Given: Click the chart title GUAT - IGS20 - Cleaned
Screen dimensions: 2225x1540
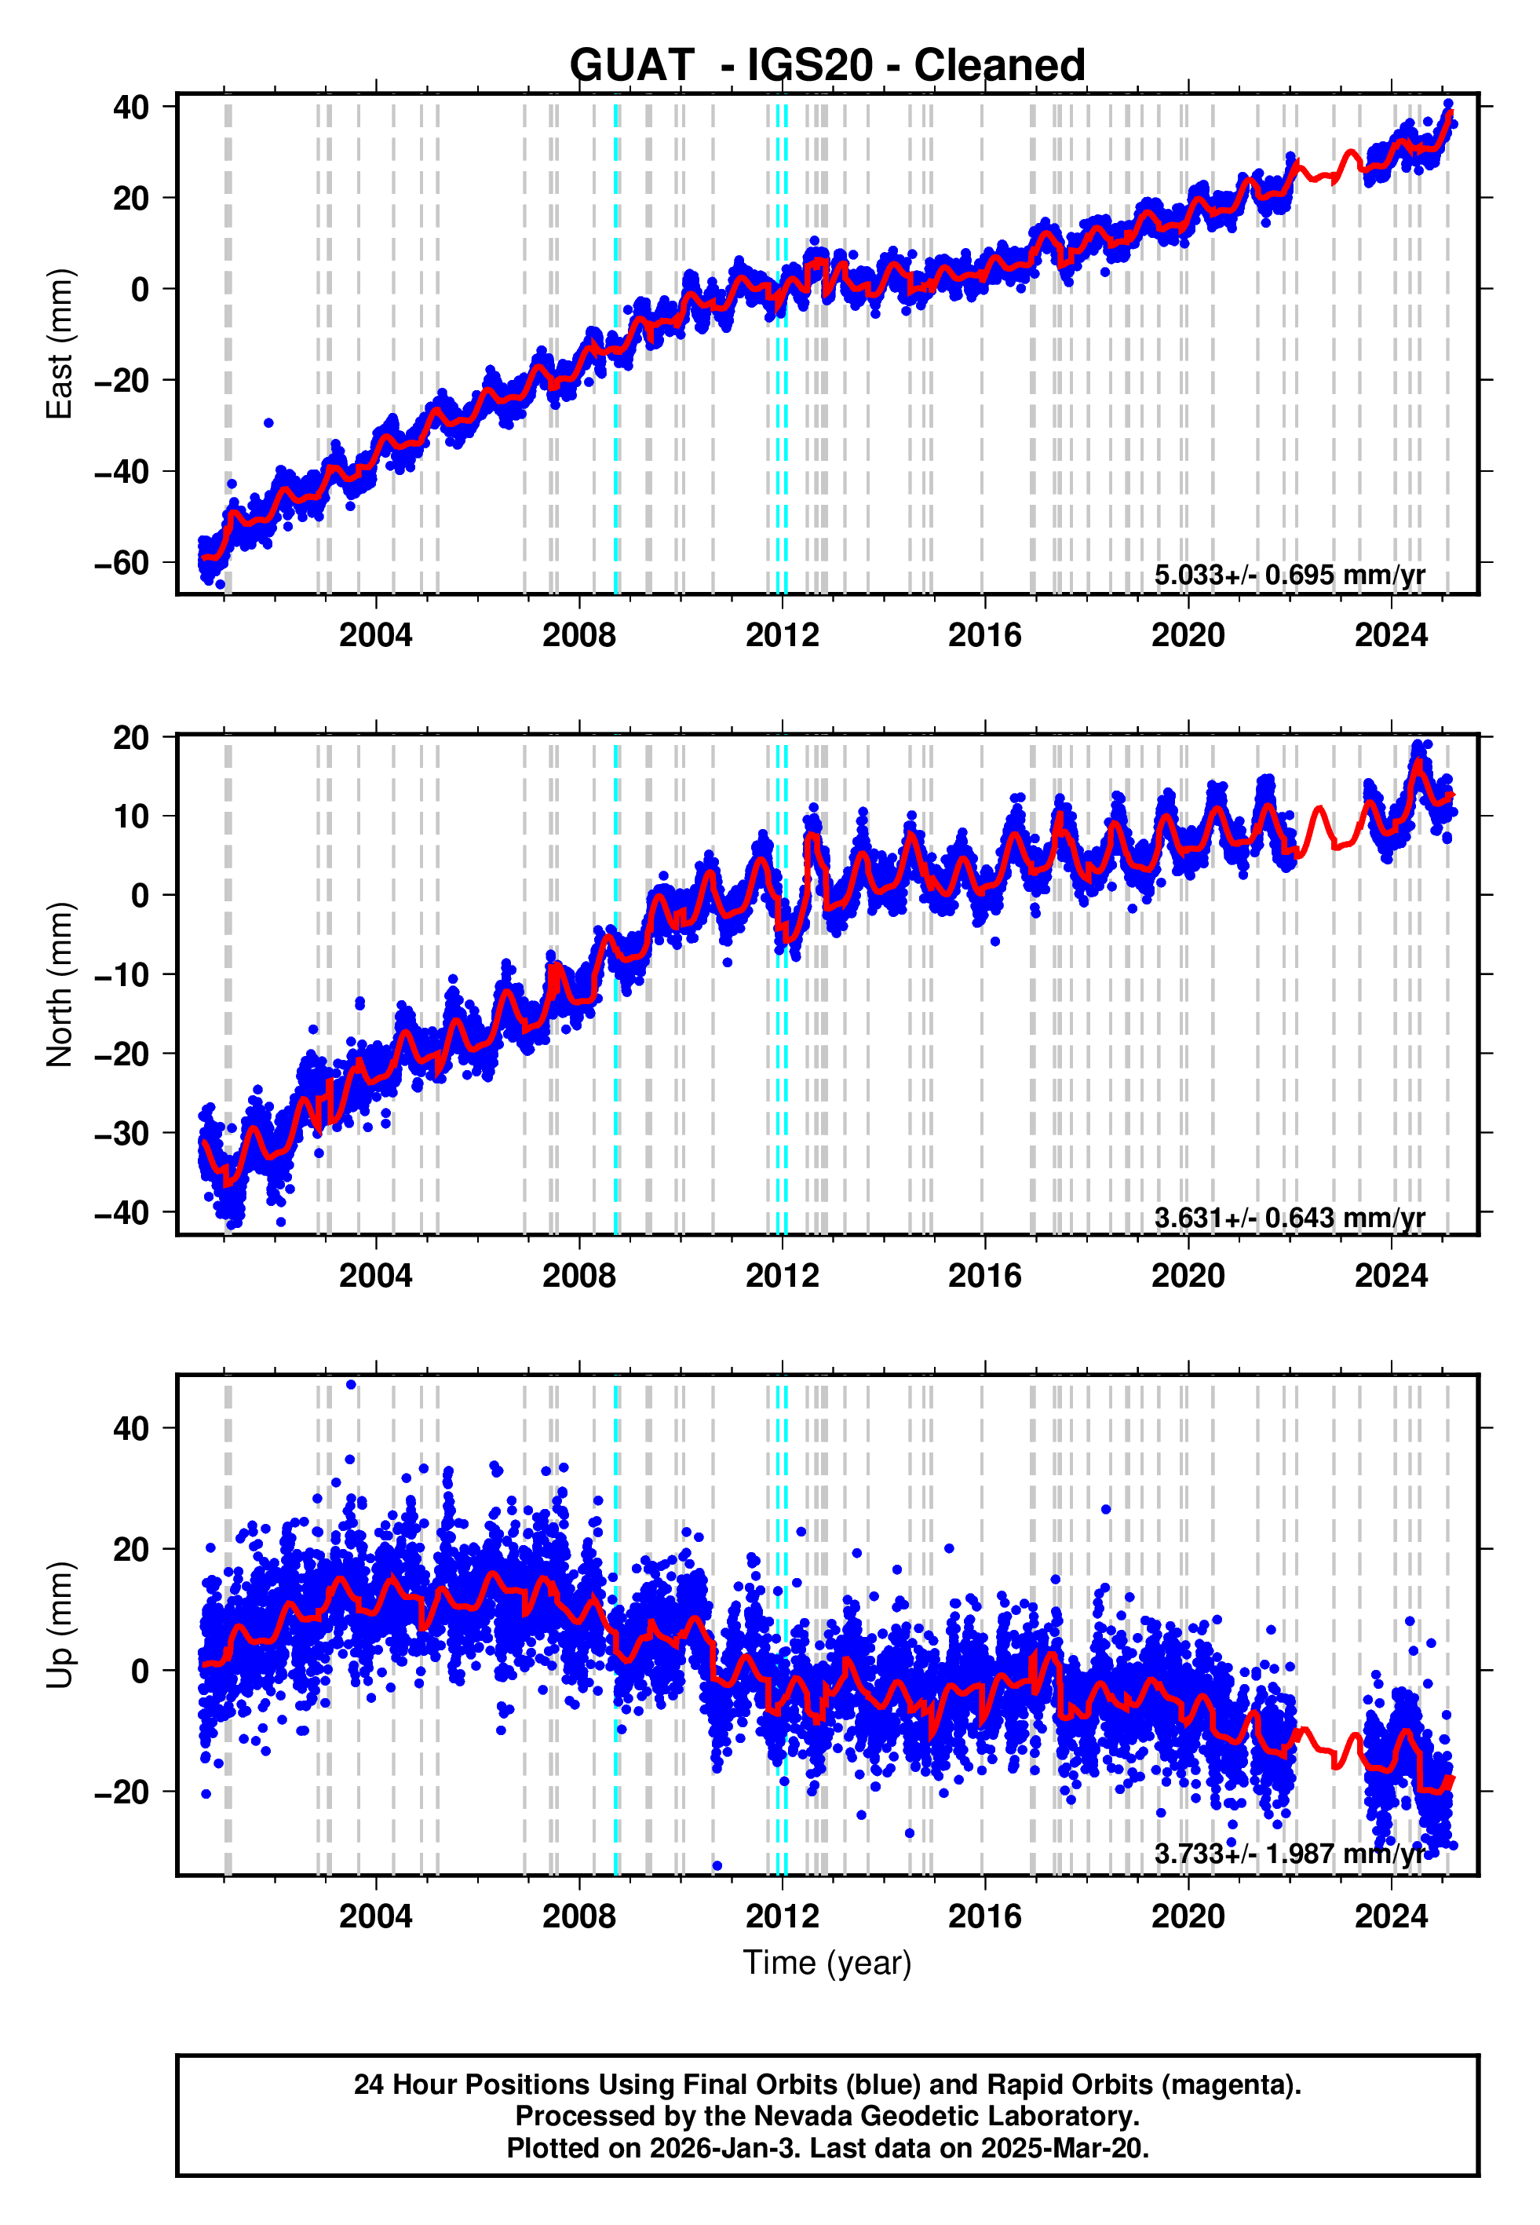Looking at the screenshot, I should (827, 66).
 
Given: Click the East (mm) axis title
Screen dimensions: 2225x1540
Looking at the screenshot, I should (60, 344).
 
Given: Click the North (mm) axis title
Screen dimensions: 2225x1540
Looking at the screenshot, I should (60, 985).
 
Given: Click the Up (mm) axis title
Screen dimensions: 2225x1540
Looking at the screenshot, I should (60, 1625).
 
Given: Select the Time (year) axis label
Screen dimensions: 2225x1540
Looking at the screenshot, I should (827, 1963).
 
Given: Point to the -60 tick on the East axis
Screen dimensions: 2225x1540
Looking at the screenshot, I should (122, 562).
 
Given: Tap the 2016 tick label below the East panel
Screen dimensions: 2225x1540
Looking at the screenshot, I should (984, 635).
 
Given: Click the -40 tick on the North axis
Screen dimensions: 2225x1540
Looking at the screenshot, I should (122, 1212).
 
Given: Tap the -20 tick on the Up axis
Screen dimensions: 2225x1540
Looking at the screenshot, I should (122, 1792).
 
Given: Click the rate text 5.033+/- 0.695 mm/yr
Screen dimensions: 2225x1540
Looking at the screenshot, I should (1289, 575).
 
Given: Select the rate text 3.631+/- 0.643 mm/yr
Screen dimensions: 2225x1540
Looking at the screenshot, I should (1289, 1218).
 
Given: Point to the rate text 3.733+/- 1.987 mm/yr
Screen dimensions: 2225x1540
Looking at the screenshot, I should (1289, 1854).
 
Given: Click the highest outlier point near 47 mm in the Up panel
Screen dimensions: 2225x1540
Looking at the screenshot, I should (351, 1385).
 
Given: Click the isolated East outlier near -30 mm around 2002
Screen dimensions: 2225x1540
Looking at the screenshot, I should (268, 422).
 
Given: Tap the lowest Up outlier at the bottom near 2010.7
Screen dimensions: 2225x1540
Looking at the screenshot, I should (717, 1865).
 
